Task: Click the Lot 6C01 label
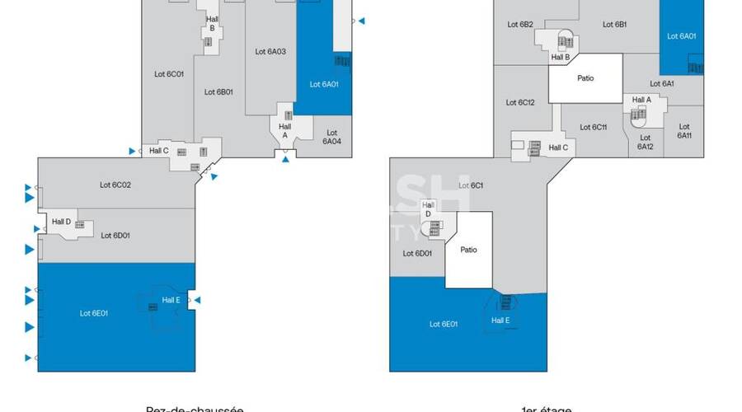tap(169, 73)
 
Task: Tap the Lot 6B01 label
tap(219, 91)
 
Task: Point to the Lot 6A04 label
tap(331, 137)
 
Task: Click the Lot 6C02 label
tap(115, 185)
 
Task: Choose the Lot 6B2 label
tap(519, 25)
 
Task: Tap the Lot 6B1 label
tap(615, 25)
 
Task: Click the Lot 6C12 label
tap(521, 102)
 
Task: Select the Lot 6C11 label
tap(594, 127)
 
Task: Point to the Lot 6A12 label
tap(645, 142)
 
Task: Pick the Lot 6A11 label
tap(684, 131)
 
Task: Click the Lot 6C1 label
tap(472, 185)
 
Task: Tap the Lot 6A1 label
tap(662, 83)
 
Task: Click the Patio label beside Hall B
tap(585, 78)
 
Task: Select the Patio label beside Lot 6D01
tap(468, 250)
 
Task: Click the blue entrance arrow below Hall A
tap(286, 160)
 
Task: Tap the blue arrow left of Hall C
tap(132, 151)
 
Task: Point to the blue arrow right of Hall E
tap(197, 300)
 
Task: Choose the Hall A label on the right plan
tap(641, 100)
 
